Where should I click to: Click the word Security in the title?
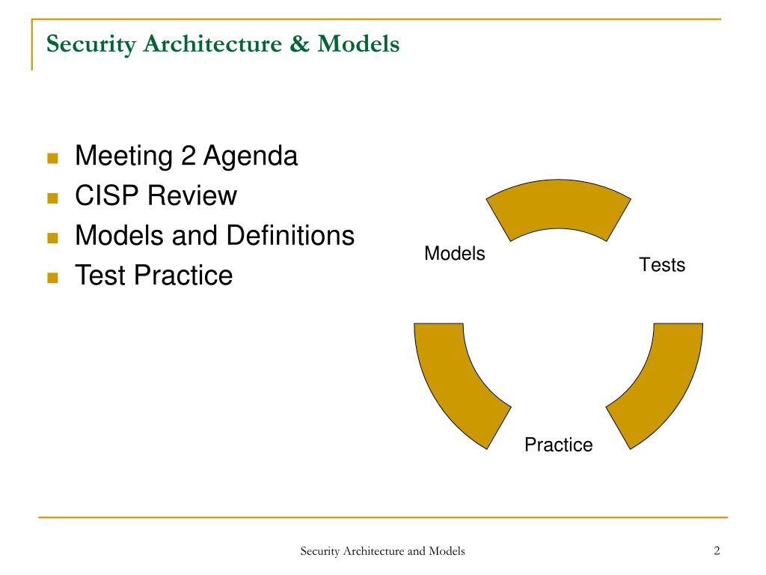(x=91, y=44)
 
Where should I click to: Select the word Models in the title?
(x=358, y=44)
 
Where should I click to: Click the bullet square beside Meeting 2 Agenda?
(x=52, y=159)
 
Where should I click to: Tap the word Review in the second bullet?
(x=191, y=196)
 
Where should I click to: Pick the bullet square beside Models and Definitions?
(x=52, y=238)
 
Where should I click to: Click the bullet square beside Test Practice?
(x=52, y=278)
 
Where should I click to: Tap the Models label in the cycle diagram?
(x=455, y=254)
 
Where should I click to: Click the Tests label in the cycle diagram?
(x=662, y=264)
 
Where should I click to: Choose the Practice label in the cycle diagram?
(x=558, y=445)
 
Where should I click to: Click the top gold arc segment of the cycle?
(x=558, y=210)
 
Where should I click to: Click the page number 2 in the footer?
(x=717, y=551)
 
